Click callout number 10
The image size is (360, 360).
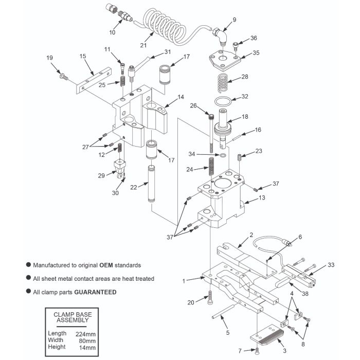click(113, 32)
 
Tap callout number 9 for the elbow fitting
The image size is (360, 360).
click(234, 20)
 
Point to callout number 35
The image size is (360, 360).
click(256, 52)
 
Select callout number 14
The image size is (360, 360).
click(181, 97)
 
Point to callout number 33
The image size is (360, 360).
click(331, 265)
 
